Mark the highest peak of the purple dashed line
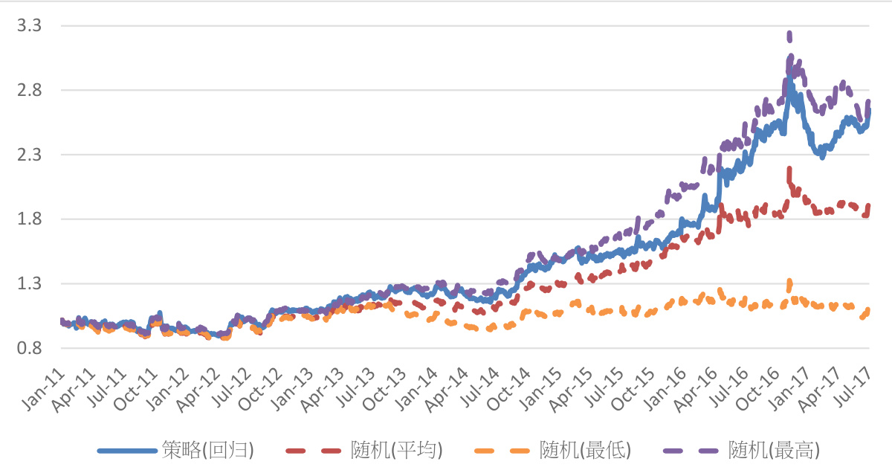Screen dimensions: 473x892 789,34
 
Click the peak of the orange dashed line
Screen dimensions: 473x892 789,282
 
